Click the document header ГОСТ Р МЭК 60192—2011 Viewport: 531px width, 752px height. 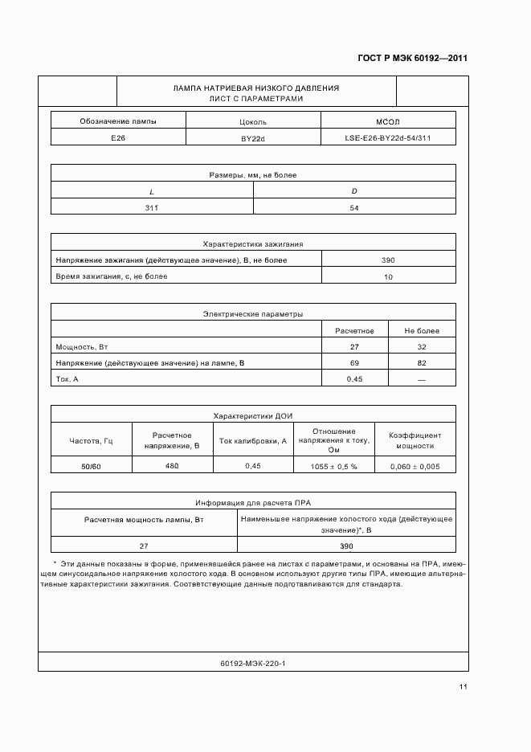pyautogui.click(x=412, y=59)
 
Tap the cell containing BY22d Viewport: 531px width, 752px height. pyautogui.click(x=253, y=138)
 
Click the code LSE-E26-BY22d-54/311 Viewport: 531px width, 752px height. pyautogui.click(x=387, y=138)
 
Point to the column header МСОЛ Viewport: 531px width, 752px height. pyautogui.click(x=387, y=121)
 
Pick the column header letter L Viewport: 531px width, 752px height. pyautogui.click(x=152, y=191)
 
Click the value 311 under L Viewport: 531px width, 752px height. pyautogui.click(x=152, y=207)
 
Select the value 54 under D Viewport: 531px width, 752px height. pyautogui.click(x=353, y=207)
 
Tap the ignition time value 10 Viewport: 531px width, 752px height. pyautogui.click(x=388, y=276)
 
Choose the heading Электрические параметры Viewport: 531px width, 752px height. pyautogui.click(x=253, y=314)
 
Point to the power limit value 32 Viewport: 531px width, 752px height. pyautogui.click(x=421, y=347)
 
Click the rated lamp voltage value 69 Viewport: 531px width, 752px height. pyautogui.click(x=353, y=363)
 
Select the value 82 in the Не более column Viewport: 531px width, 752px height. pyautogui.click(x=421, y=363)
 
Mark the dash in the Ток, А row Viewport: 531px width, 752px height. pyautogui.click(x=421, y=379)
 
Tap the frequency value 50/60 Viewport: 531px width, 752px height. pyautogui.click(x=91, y=466)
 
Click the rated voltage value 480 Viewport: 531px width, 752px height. pyautogui.click(x=172, y=466)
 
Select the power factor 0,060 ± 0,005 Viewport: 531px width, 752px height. pyautogui.click(x=415, y=466)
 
